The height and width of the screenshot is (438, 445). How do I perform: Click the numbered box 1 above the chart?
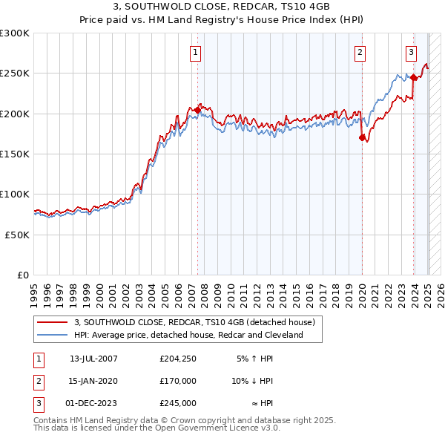point(194,52)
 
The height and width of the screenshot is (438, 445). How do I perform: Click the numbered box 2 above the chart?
point(359,52)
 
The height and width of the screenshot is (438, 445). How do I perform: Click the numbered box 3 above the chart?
point(410,52)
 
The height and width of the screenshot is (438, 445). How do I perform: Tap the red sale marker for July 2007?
point(198,110)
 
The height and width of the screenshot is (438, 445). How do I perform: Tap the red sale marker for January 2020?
point(362,137)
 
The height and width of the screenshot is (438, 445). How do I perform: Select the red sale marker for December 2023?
point(413,77)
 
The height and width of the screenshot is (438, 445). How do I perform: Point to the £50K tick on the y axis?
point(18,235)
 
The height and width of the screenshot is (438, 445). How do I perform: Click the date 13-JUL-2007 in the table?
point(93,359)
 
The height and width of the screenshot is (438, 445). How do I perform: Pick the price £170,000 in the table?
point(178,381)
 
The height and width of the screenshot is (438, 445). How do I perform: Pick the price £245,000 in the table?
point(178,403)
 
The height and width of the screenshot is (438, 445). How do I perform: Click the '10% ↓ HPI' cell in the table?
point(252,381)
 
